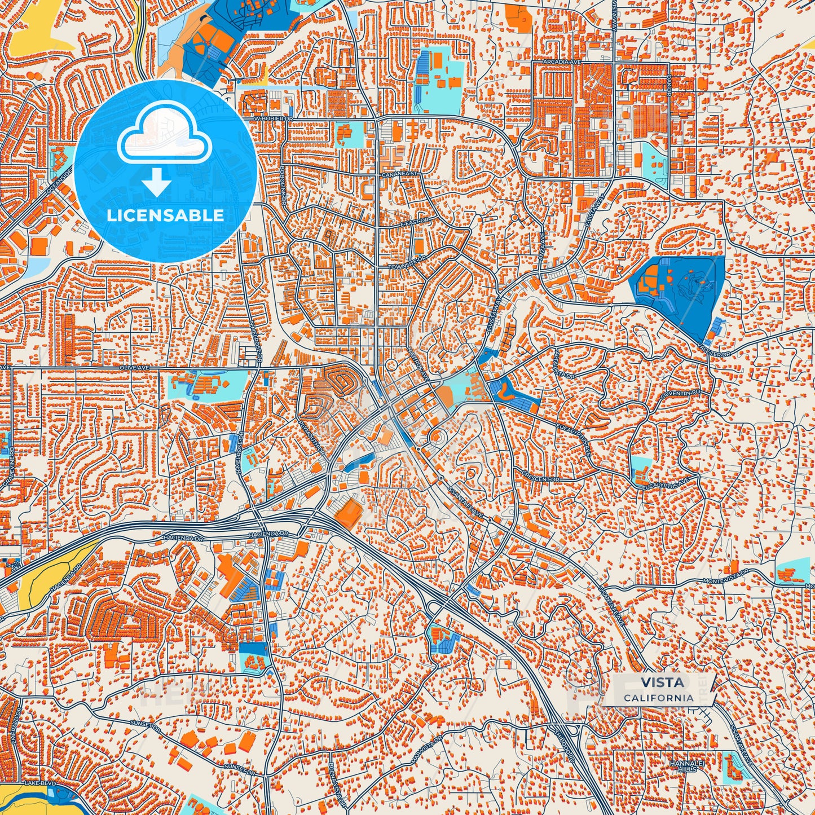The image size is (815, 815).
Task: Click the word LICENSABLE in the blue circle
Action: pyautogui.click(x=165, y=215)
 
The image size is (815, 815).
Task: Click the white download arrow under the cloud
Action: pyautogui.click(x=156, y=183)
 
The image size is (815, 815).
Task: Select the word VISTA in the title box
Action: pyautogui.click(x=662, y=682)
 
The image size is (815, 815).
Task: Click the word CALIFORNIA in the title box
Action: pyautogui.click(x=659, y=698)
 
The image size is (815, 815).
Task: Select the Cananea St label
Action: pyautogui.click(x=400, y=174)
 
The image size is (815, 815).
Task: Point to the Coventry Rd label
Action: pyautogui.click(x=681, y=394)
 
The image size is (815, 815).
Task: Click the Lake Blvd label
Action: pyautogui.click(x=37, y=784)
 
